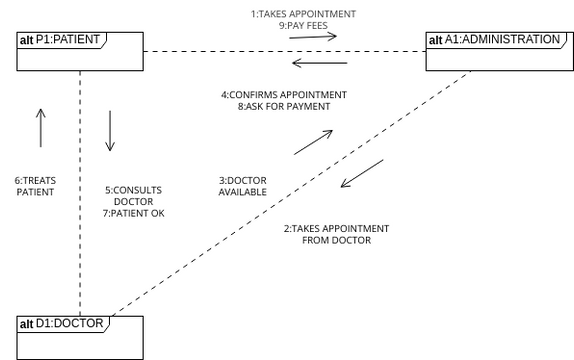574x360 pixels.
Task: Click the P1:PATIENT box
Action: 79,50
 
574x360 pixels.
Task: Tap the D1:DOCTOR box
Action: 79,334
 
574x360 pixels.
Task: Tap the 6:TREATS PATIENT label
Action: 34,186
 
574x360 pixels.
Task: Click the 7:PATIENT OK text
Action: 133,214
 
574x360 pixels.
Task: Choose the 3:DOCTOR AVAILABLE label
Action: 242,186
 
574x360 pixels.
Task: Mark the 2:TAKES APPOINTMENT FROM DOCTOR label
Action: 336,234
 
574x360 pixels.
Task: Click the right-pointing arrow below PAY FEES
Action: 313,37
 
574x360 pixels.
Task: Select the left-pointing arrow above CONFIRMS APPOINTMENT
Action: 313,65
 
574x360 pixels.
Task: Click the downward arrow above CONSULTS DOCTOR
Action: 109,131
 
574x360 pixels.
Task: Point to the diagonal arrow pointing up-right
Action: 313,142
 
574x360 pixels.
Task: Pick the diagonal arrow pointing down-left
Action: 362,172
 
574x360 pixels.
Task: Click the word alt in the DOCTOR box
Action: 27,324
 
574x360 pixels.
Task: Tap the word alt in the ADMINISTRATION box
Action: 435,40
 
